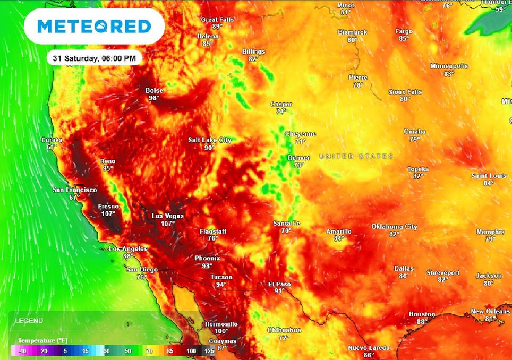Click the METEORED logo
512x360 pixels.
pyautogui.click(x=95, y=27)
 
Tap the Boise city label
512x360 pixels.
pyautogui.click(x=154, y=91)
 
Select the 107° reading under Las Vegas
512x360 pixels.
pyautogui.click(x=168, y=224)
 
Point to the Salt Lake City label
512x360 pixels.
pyautogui.click(x=210, y=140)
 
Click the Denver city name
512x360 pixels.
pyautogui.click(x=298, y=158)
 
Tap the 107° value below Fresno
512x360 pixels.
pyautogui.click(x=108, y=214)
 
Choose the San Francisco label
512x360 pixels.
pyautogui.click(x=74, y=190)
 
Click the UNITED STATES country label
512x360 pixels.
pyautogui.click(x=356, y=156)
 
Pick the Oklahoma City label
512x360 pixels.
pyautogui.click(x=394, y=227)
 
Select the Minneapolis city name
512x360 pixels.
pyautogui.click(x=449, y=66)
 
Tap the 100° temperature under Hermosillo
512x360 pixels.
pyautogui.click(x=221, y=331)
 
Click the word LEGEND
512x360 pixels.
pyautogui.click(x=29, y=321)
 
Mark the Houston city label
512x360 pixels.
pyautogui.click(x=422, y=314)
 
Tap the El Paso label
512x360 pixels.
pyautogui.click(x=279, y=284)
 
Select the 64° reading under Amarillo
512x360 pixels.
pyautogui.click(x=338, y=239)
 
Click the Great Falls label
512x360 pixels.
pyautogui.click(x=217, y=20)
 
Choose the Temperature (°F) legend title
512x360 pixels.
pyautogui.click(x=43, y=340)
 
